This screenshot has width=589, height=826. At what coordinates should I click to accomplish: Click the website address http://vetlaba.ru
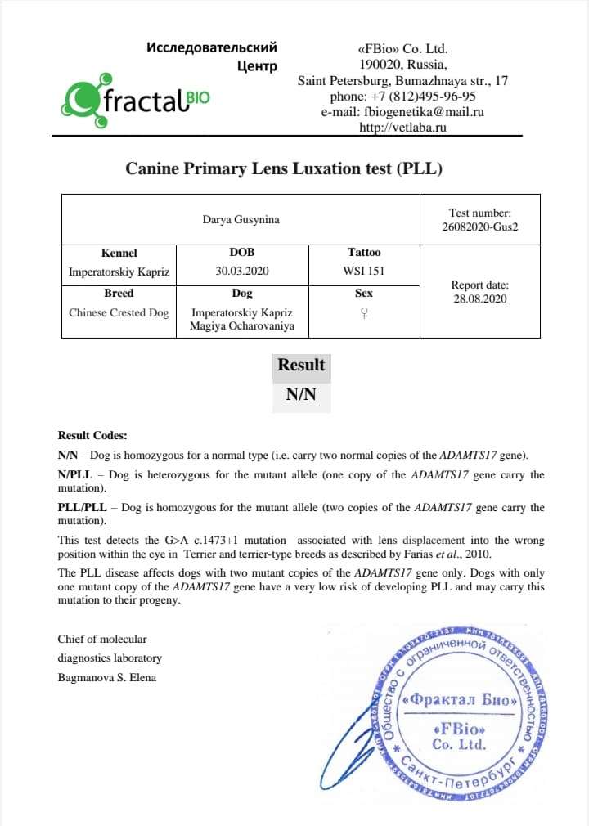tap(402, 128)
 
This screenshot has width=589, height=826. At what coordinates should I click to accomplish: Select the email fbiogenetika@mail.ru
tap(402, 112)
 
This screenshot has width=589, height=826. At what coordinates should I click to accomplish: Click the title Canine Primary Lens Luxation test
tap(284, 169)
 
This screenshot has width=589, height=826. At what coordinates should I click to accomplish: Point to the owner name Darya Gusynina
tap(241, 219)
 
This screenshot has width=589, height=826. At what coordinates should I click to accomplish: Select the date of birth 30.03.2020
tap(242, 272)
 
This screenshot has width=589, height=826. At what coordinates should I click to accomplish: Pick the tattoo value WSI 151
tap(364, 272)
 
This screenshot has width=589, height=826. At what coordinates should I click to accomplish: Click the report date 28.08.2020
tap(479, 299)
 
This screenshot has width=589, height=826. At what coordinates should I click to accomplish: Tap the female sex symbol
tap(364, 313)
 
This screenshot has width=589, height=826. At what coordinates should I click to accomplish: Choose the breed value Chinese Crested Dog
tap(119, 312)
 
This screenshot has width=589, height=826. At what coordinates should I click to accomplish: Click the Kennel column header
tap(119, 253)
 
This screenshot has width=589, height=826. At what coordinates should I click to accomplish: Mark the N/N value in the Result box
tap(301, 394)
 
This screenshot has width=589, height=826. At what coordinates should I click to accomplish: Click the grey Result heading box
tap(301, 366)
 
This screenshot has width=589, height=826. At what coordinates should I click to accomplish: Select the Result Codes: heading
tap(92, 436)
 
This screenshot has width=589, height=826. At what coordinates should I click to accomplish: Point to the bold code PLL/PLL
tap(82, 508)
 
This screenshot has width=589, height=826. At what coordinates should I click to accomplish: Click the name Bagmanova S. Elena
tap(106, 677)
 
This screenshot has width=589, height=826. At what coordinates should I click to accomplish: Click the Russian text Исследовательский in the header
tap(212, 47)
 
